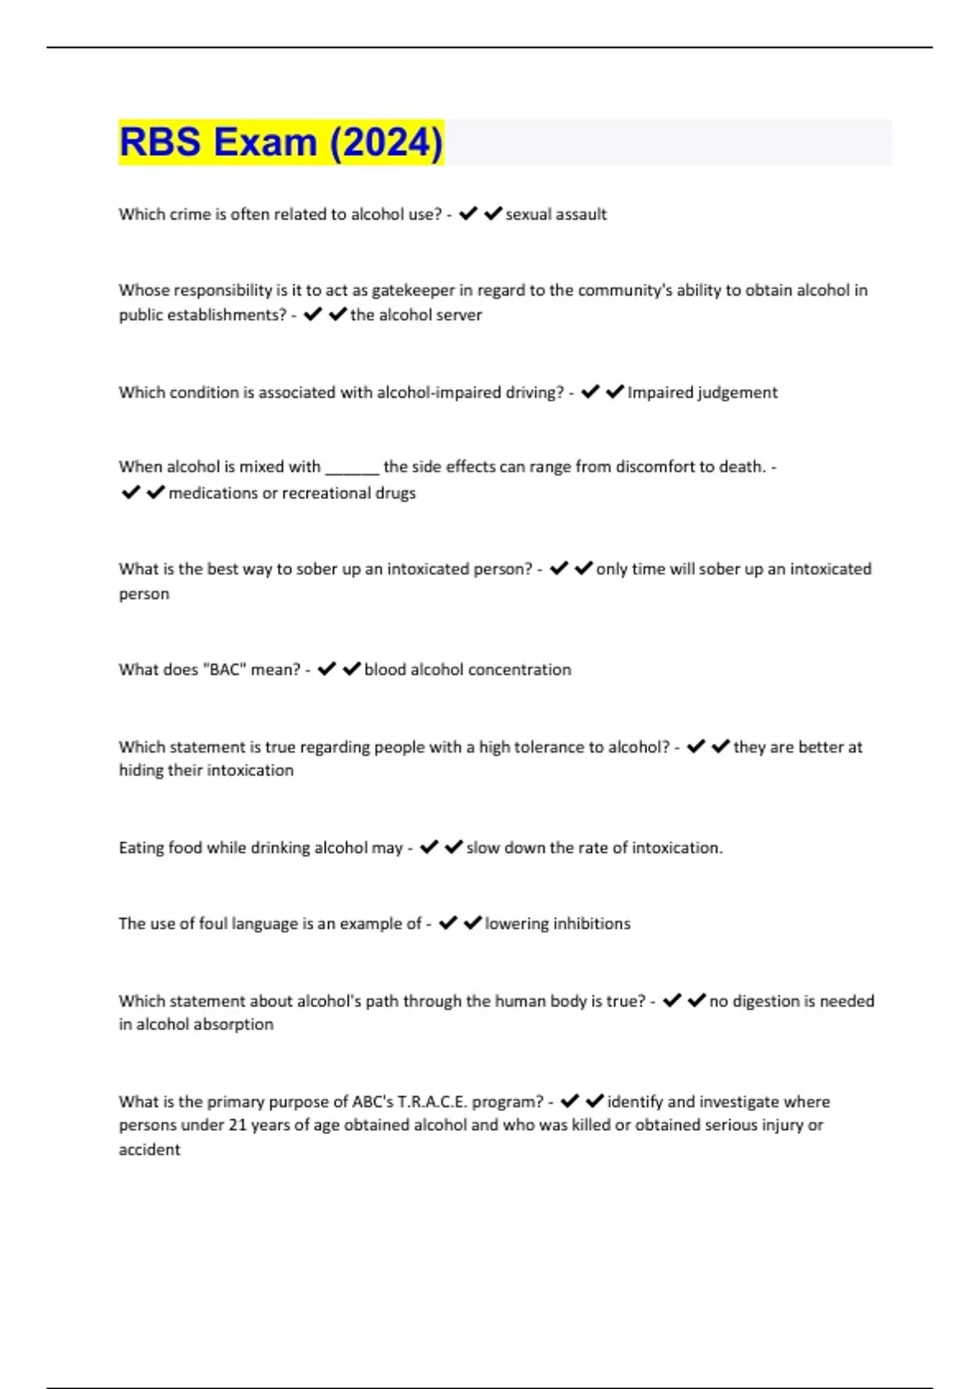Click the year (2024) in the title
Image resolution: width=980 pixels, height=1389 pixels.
pos(386,142)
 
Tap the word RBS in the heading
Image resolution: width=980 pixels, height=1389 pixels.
pos(160,142)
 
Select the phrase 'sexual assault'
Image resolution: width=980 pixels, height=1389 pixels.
pos(556,214)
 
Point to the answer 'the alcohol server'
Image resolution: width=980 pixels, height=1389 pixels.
pos(416,315)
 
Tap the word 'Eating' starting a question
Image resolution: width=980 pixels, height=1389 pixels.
pos(141,848)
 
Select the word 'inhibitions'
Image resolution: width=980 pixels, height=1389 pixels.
pos(592,923)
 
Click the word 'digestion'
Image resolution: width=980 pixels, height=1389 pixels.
pos(767,1001)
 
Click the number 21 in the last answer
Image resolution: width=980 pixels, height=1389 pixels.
pos(237,1125)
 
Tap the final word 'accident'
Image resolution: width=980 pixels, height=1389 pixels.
pos(149,1150)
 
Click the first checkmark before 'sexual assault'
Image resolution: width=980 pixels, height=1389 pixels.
pos(468,214)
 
